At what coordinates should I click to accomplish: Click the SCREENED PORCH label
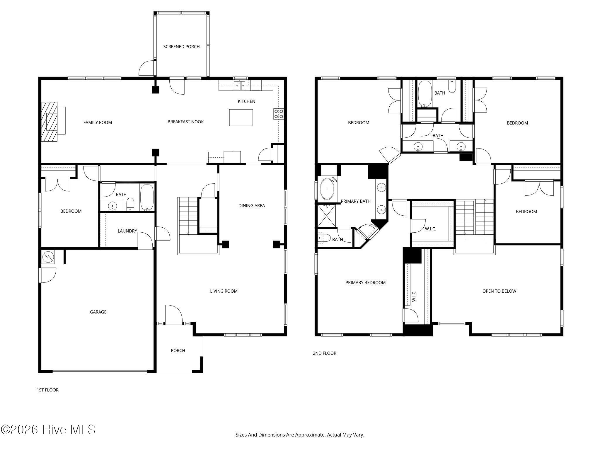point(181,47)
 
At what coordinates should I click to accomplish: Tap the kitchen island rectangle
point(241,117)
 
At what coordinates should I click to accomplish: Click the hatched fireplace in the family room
point(49,122)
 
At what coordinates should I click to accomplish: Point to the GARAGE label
point(98,312)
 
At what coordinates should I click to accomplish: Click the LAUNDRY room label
point(127,231)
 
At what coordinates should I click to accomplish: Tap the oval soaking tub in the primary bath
point(327,189)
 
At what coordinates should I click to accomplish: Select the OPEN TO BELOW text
point(499,291)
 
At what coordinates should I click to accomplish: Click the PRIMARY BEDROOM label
point(365,283)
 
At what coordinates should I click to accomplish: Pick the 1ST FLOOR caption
point(47,390)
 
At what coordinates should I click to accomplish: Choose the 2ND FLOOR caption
point(325,353)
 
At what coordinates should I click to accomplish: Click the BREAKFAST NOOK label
point(186,122)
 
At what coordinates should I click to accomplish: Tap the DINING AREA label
point(252,206)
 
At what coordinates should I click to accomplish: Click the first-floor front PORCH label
point(178,351)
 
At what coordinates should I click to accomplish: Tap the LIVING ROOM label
point(224,291)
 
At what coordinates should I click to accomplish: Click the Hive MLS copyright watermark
point(48,430)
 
